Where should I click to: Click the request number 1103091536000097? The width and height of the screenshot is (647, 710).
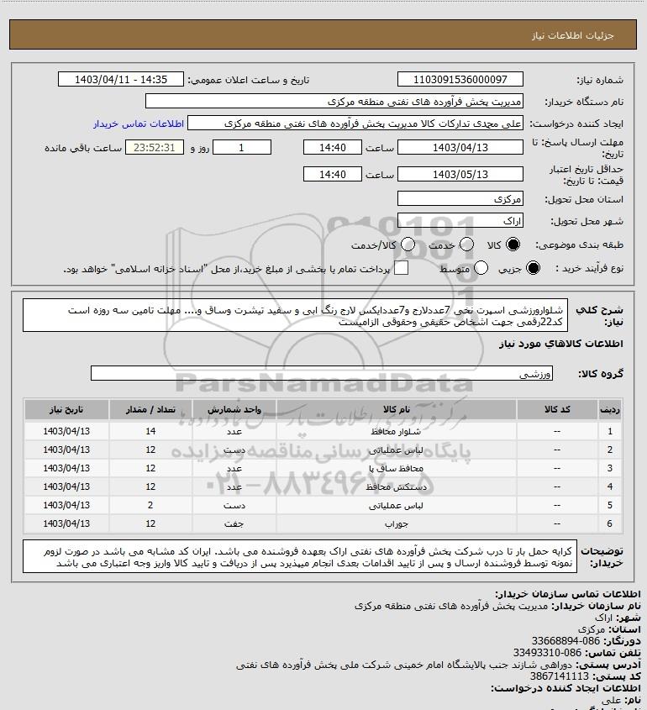click(460, 79)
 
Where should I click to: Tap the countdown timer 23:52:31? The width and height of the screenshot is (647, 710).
click(155, 147)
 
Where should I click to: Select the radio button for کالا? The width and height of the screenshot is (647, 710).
click(514, 245)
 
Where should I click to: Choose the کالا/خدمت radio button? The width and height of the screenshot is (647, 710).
click(408, 245)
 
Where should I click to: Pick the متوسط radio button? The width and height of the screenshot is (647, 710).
click(481, 268)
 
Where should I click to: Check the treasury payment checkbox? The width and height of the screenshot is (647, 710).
click(402, 268)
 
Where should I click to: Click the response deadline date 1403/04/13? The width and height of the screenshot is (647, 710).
click(460, 147)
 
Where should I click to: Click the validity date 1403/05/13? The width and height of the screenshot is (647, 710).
click(460, 175)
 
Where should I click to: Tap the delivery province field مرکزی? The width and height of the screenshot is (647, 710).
click(460, 199)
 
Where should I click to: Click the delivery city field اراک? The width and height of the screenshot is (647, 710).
click(460, 222)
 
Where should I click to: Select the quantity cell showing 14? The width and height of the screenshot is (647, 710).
click(150, 431)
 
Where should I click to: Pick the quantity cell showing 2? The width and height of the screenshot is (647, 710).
click(150, 505)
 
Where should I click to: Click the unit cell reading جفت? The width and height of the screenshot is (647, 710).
click(234, 523)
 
